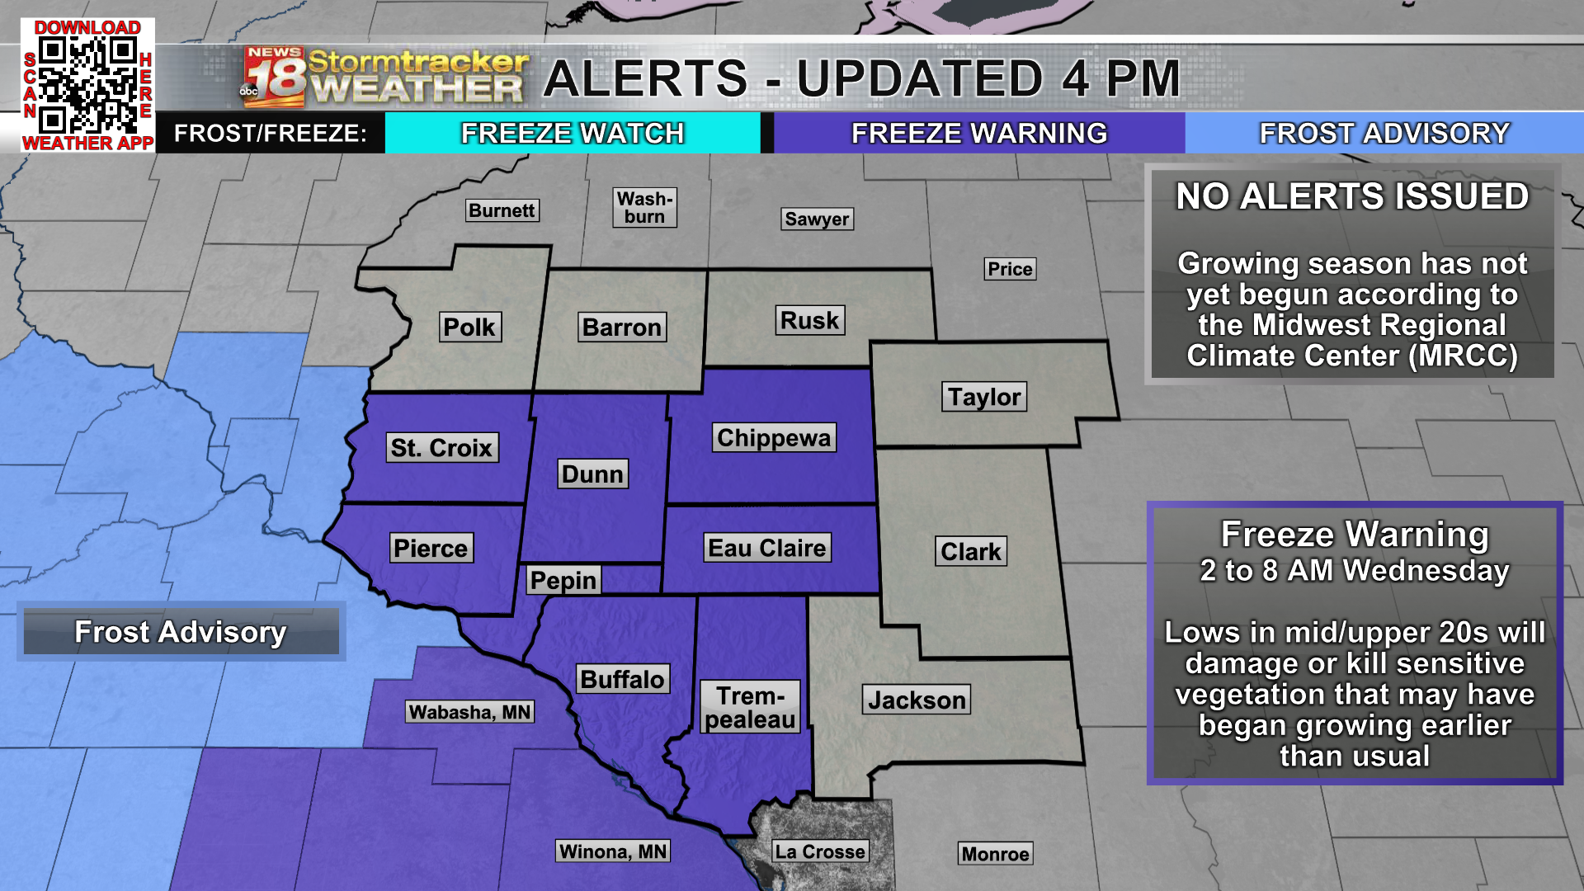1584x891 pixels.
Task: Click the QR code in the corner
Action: (x=87, y=85)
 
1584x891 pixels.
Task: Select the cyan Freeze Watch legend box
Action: (x=573, y=133)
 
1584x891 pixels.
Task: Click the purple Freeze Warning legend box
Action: (x=979, y=133)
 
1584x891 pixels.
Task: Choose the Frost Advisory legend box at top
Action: (x=1384, y=133)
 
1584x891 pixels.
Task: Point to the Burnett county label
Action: (x=502, y=210)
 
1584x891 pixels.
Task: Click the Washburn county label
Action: (x=645, y=208)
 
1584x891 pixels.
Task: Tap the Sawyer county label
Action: (x=817, y=219)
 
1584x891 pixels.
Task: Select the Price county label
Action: (x=1010, y=269)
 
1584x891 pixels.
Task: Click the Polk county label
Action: (x=469, y=327)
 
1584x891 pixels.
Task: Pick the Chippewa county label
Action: (x=774, y=437)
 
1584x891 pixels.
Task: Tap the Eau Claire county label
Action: (x=767, y=548)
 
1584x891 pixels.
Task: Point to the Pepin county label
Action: (x=563, y=580)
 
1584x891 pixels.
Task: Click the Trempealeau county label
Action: (x=750, y=707)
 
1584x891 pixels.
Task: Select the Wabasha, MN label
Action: (x=470, y=712)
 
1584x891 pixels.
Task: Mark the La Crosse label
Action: (x=820, y=851)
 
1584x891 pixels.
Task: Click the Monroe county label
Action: (x=995, y=854)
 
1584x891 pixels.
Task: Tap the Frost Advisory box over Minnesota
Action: (x=181, y=632)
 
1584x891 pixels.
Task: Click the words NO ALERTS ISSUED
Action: (x=1352, y=196)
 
